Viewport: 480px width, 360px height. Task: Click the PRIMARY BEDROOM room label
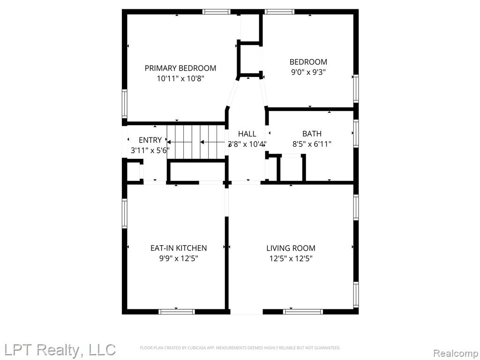click(180, 68)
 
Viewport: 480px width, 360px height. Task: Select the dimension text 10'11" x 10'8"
click(180, 79)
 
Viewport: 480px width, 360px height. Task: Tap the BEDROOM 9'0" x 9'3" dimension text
click(308, 73)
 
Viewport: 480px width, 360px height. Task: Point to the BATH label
click(312, 134)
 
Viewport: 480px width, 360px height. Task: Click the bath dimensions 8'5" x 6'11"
click(312, 144)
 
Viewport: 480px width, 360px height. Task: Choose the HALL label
click(247, 134)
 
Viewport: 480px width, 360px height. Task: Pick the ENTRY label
click(150, 140)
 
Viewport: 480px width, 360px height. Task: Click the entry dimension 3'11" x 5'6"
click(150, 150)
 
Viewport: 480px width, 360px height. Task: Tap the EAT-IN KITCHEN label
click(179, 248)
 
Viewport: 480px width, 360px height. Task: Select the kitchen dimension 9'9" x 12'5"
click(179, 259)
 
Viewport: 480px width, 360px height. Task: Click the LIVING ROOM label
click(291, 248)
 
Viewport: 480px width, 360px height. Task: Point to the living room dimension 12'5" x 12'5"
click(291, 259)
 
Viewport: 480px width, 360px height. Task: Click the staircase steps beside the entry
click(196, 142)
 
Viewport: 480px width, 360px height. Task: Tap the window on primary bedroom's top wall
click(217, 12)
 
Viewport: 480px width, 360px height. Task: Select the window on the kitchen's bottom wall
click(177, 312)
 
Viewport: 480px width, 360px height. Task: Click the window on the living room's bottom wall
click(303, 312)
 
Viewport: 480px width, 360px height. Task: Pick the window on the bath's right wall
click(356, 134)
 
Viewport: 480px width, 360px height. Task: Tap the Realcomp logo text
click(456, 353)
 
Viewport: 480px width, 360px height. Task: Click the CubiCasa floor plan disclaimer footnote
click(240, 348)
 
